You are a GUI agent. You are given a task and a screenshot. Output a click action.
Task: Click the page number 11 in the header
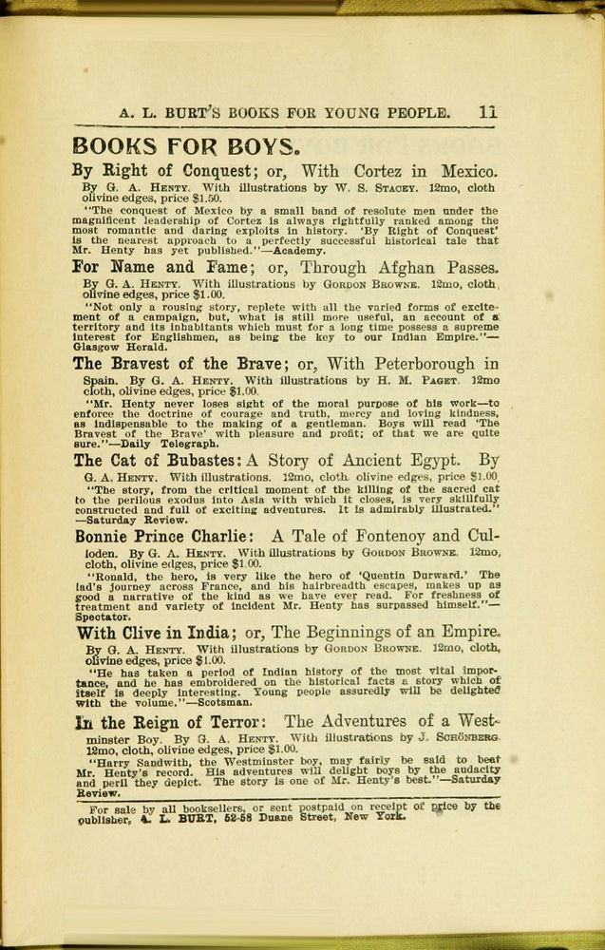click(x=488, y=112)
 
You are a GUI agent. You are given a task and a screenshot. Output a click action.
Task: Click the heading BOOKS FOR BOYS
click(x=187, y=146)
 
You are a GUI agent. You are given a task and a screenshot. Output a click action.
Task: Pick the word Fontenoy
click(x=385, y=535)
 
